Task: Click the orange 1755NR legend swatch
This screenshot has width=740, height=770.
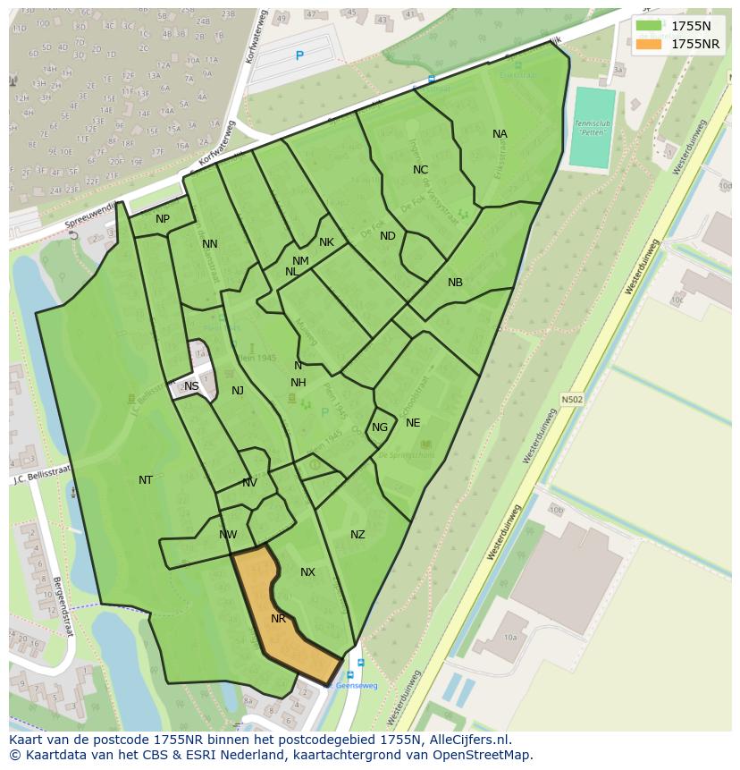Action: point(650,44)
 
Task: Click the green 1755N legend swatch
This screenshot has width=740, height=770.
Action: point(650,26)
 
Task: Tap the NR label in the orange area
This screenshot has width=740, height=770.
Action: point(278,619)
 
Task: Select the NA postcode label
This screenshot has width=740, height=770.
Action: point(500,134)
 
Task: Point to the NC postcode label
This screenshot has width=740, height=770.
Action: point(420,170)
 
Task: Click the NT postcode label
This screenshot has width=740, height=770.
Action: point(146,480)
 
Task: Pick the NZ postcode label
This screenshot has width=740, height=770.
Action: point(357,535)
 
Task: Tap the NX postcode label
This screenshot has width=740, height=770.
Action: point(307,572)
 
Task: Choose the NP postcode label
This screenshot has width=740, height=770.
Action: point(163,219)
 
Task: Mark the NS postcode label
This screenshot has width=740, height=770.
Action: point(191,386)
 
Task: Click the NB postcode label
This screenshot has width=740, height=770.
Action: point(455,283)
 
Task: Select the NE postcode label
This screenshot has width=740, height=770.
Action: point(413,423)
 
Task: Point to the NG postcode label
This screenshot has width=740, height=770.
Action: point(380,427)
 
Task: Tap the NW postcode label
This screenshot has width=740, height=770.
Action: point(228,535)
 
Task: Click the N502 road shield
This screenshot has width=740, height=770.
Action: point(572,400)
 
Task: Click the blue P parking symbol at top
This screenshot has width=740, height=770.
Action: point(299,56)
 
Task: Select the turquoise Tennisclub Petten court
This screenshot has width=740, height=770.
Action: point(593,127)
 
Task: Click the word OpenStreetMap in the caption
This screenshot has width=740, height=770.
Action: point(484,755)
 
